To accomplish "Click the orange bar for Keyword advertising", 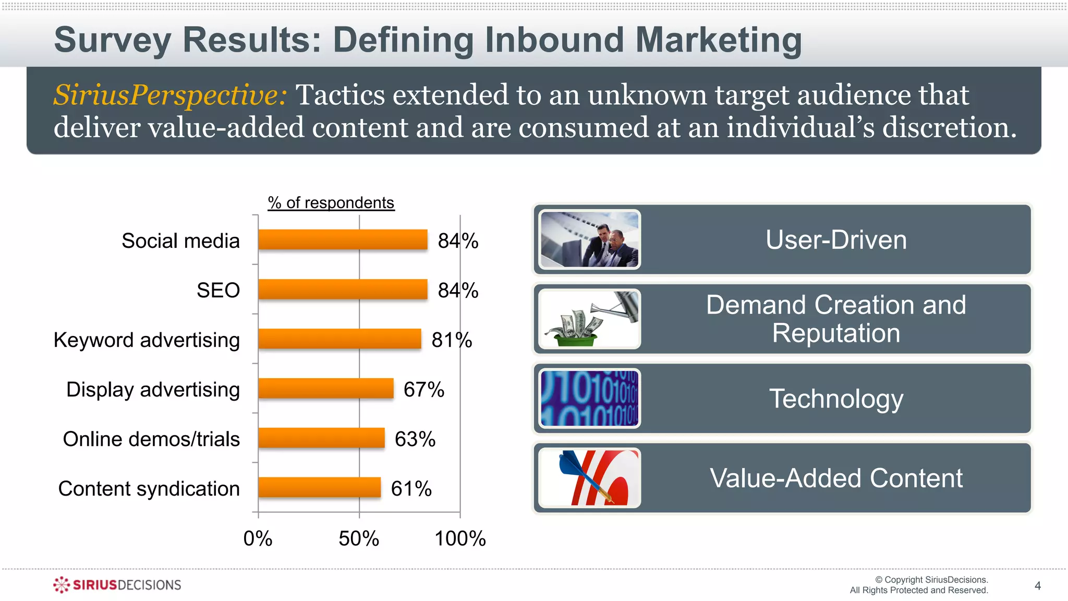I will pos(339,339).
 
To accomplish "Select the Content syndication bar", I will pos(319,488).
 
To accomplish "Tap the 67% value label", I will pos(423,390).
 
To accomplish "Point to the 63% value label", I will pos(415,439).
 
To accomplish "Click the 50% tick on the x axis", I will pos(359,538).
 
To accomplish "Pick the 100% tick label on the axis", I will pos(460,538).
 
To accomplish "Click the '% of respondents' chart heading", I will pos(331,202).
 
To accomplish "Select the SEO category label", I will pos(218,290).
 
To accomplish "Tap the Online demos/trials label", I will pos(151,439).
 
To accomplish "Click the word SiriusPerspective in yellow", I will pos(170,95).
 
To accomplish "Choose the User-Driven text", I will pos(836,240).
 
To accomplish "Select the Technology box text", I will pos(836,399).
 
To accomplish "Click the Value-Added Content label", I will pos(836,478).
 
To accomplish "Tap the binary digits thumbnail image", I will pos(589,399).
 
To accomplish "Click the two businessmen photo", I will pos(589,240).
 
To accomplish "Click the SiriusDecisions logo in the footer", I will pos(117,585).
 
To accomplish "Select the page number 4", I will pos(1037,586).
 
